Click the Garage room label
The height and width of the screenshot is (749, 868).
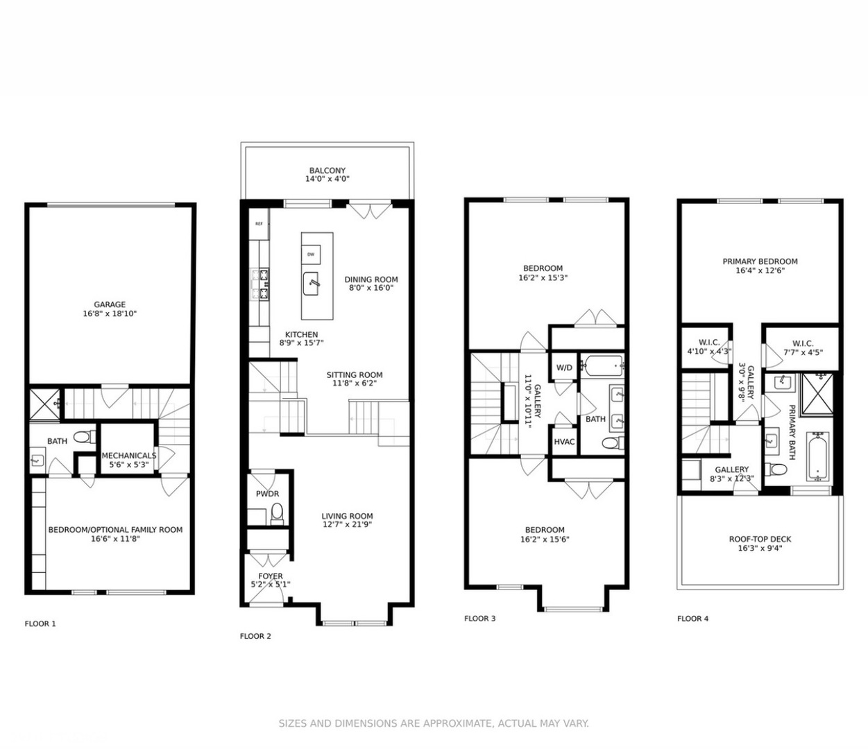[x=110, y=304]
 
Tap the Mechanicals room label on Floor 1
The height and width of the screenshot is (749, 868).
[x=129, y=456]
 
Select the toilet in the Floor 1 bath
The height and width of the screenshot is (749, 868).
[x=83, y=437]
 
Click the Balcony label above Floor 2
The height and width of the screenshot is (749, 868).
[x=327, y=171]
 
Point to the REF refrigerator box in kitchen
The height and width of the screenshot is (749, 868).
[x=259, y=224]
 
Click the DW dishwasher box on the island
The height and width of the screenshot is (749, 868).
[x=310, y=255]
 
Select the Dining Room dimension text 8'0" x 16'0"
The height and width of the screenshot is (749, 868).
[x=371, y=288]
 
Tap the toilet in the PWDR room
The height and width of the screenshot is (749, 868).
[x=277, y=513]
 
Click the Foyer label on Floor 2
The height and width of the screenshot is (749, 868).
[x=271, y=576]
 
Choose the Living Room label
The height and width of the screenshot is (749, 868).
[x=347, y=516]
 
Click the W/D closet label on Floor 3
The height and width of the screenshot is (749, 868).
[x=564, y=368]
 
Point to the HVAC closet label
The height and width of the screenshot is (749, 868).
[x=564, y=442]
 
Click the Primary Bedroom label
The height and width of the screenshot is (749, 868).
[x=760, y=261]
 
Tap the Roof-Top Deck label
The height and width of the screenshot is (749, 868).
[x=760, y=539]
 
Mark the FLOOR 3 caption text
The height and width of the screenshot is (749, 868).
[x=480, y=619]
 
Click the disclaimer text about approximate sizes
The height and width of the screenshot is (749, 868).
[x=434, y=723]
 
